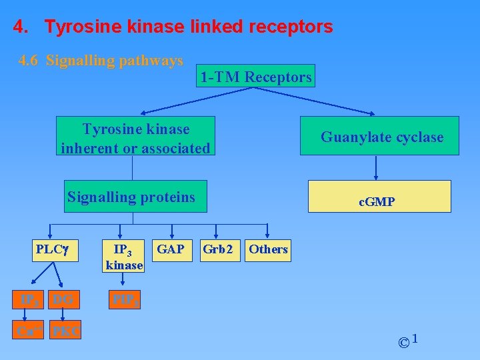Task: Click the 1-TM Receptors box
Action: pyautogui.click(x=256, y=77)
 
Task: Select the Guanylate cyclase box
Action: pyautogui.click(x=380, y=136)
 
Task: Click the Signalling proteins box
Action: pyautogui.click(x=135, y=197)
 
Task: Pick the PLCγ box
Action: pyautogui.click(x=53, y=250)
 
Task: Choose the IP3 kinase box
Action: pyautogui.click(x=123, y=257)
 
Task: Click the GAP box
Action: pyautogui.click(x=170, y=249)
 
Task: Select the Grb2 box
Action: pyautogui.click(x=218, y=249)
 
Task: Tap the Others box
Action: pyautogui.click(x=268, y=249)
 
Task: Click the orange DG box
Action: pyautogui.click(x=65, y=300)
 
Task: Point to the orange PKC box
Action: pyautogui.click(x=66, y=330)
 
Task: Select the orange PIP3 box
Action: pyautogui.click(x=124, y=300)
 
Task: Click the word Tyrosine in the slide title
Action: pyautogui.click(x=81, y=27)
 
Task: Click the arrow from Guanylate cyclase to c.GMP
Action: pyautogui.click(x=377, y=167)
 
